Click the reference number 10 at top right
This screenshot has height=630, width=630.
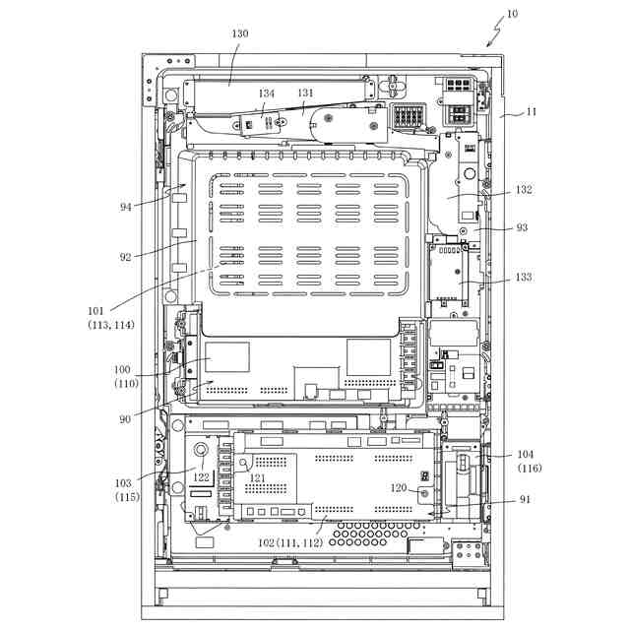pos(512,15)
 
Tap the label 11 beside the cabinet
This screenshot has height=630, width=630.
pos(532,112)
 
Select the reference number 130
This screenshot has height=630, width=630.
pos(240,33)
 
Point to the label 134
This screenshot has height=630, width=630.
pos(267,94)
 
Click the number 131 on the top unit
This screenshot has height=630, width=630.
pos(305,94)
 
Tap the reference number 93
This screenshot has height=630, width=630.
pos(522,227)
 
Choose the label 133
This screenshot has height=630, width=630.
pos(523,278)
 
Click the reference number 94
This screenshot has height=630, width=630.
pos(126,207)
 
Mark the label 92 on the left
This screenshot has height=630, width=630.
pos(126,257)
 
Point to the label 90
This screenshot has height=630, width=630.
pos(126,420)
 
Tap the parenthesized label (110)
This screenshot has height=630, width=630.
pos(126,383)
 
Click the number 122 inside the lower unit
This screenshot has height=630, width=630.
pos(201,477)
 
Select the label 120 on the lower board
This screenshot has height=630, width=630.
pos(398,488)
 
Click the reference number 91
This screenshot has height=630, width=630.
pos(525,499)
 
